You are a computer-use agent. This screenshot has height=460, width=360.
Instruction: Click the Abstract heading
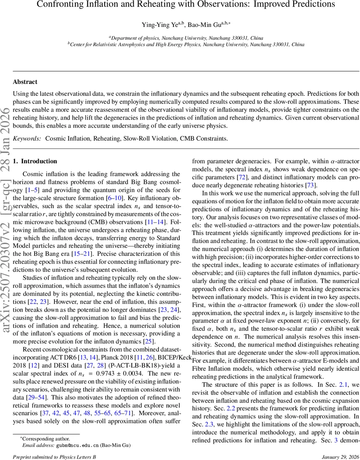(25, 82)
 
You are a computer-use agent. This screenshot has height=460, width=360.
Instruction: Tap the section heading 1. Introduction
(35, 161)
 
